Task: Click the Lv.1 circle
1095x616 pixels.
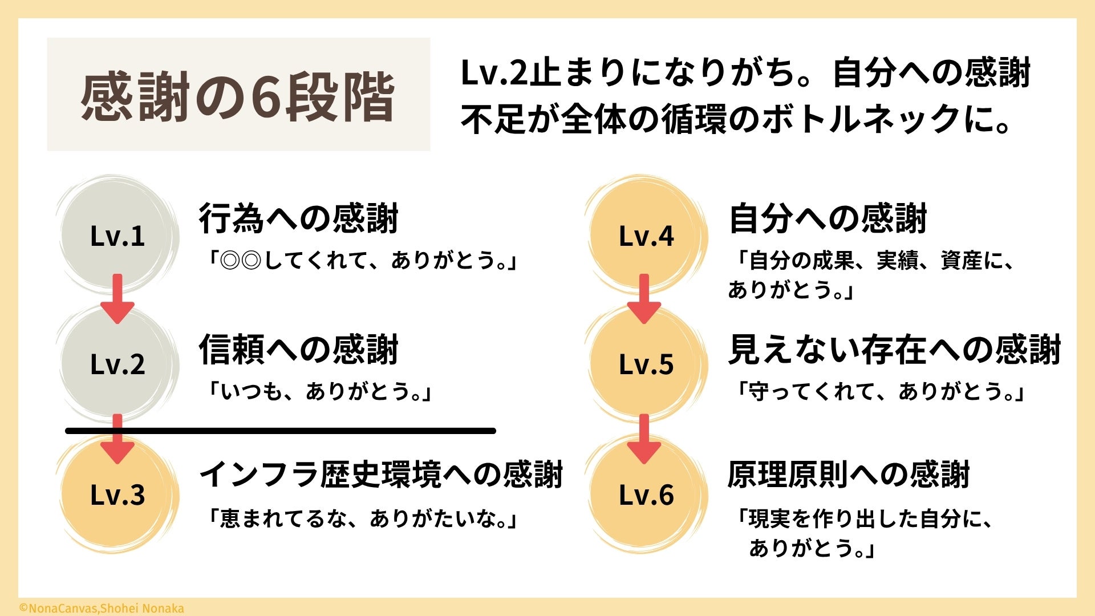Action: point(117,236)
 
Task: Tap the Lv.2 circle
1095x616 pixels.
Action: point(117,364)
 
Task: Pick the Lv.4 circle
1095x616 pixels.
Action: point(646,236)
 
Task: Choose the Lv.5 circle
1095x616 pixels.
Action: point(646,364)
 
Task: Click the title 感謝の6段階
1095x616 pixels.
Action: point(238,96)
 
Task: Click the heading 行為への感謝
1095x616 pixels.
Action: point(298,218)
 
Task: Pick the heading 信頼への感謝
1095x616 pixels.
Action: point(298,350)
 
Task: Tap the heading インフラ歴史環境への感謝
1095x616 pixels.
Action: point(381,475)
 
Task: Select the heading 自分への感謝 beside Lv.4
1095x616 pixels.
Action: point(828,218)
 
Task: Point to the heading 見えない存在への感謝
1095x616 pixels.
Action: point(894,350)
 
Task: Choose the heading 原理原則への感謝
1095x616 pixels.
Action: point(849,475)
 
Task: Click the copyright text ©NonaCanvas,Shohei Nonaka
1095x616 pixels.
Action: point(102,609)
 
